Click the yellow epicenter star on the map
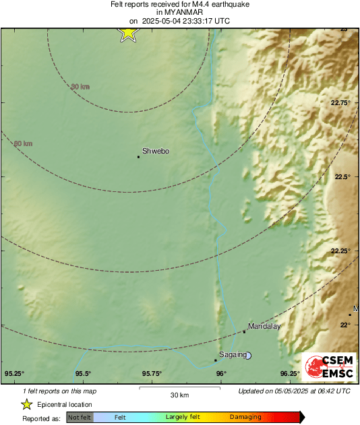click(128, 32)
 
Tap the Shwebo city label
click(156, 152)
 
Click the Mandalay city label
click(264, 326)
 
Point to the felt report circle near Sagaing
click(248, 355)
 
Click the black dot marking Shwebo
click(138, 157)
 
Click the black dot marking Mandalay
click(244, 331)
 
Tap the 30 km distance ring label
click(80, 86)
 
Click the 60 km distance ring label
click(23, 143)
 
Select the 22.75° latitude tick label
click(340, 103)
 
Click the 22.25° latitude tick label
click(340, 251)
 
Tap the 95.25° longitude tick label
click(14, 374)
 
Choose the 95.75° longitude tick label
click(152, 374)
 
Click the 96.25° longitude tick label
click(290, 374)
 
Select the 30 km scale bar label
click(179, 394)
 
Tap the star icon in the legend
click(26, 404)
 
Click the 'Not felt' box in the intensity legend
click(80, 417)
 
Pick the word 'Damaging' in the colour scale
click(245, 417)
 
